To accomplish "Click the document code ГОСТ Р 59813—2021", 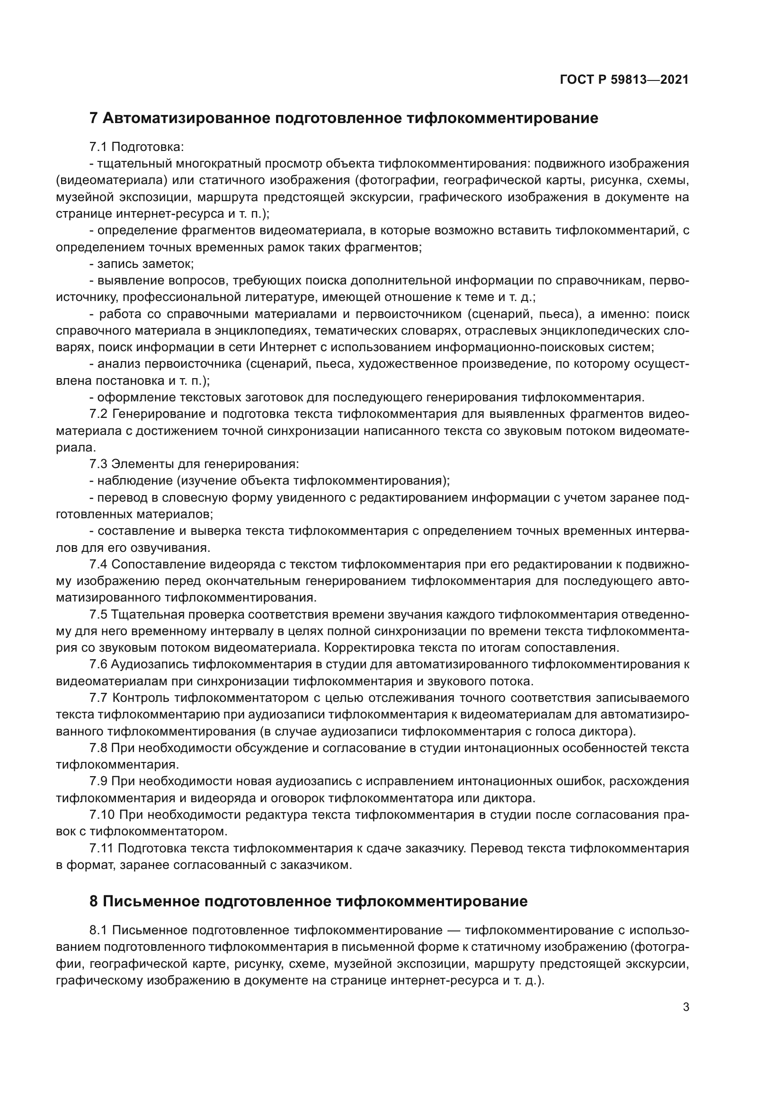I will tap(624, 80).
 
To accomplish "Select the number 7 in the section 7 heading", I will tap(94, 118).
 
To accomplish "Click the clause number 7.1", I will tap(98, 147).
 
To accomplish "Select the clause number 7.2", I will tap(98, 414).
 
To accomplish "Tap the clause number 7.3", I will tap(98, 464).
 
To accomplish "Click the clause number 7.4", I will tap(98, 564).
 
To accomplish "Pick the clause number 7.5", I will tap(98, 614).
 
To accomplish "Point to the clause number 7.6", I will tap(98, 664).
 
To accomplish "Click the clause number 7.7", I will tap(98, 698).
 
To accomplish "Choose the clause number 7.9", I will tap(98, 781).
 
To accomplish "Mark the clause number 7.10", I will tap(101, 815).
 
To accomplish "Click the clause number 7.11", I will tap(101, 848).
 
